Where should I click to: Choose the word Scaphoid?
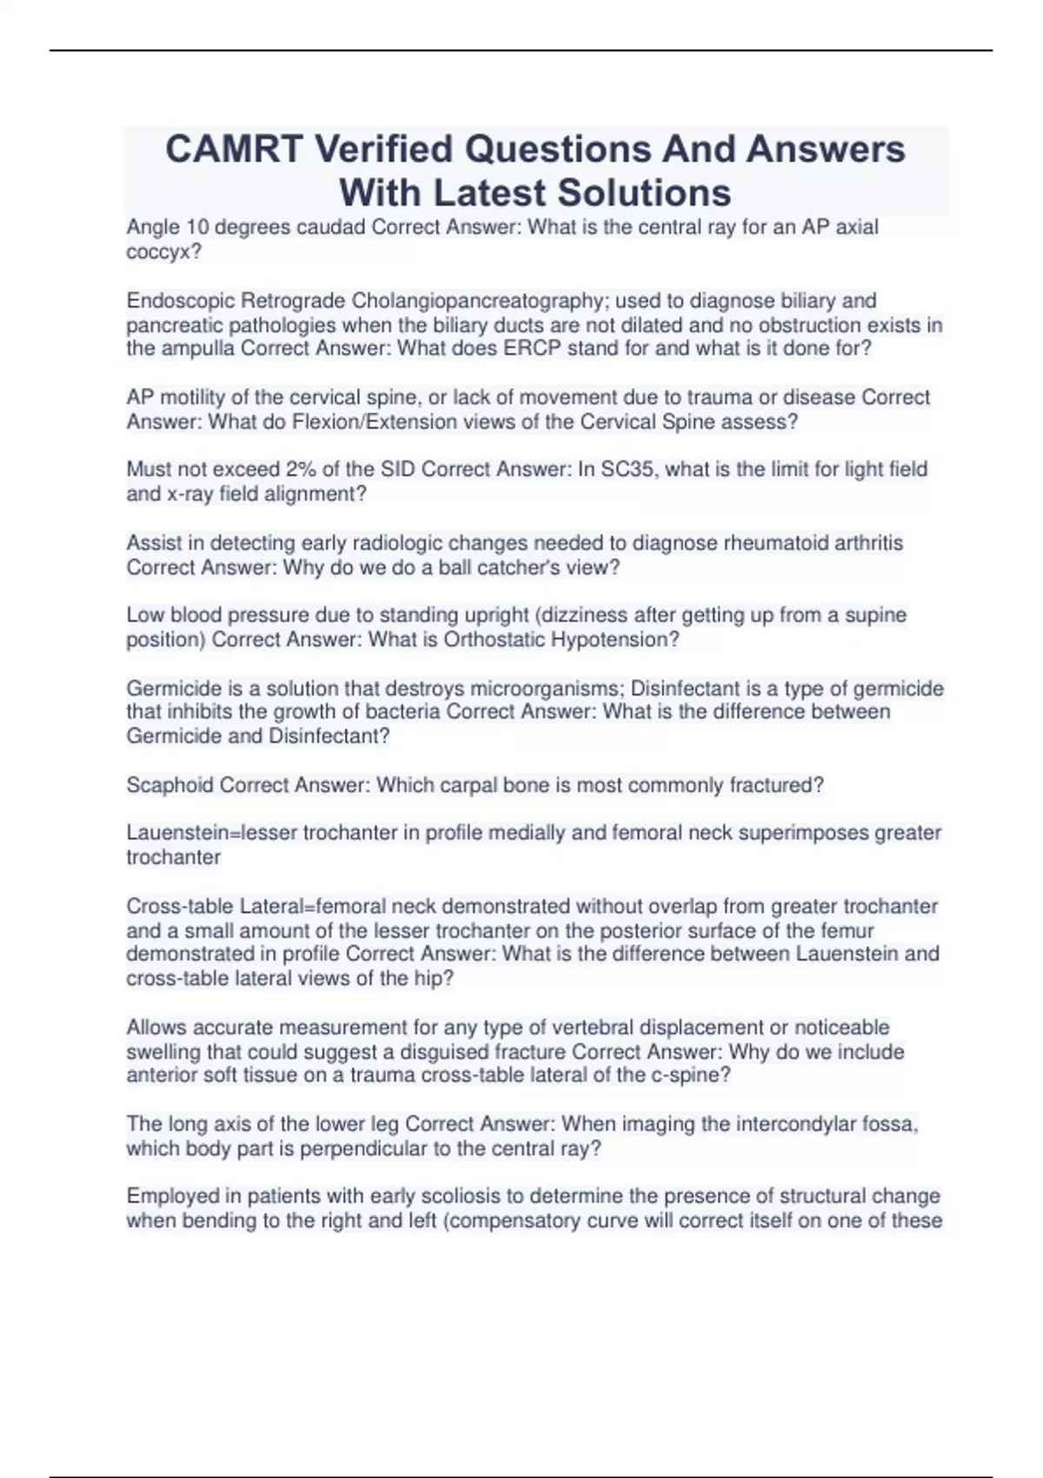tap(170, 785)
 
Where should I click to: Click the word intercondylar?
tap(793, 1124)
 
